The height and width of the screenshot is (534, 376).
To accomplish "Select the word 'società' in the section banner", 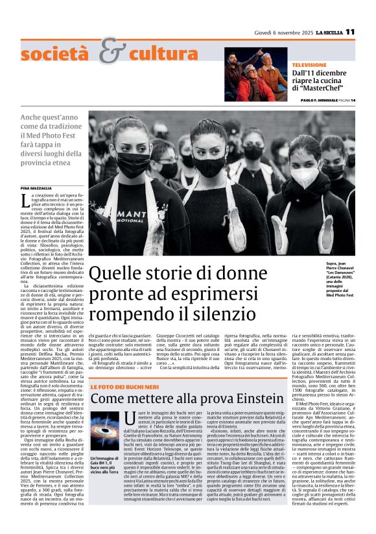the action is click(59, 55).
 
